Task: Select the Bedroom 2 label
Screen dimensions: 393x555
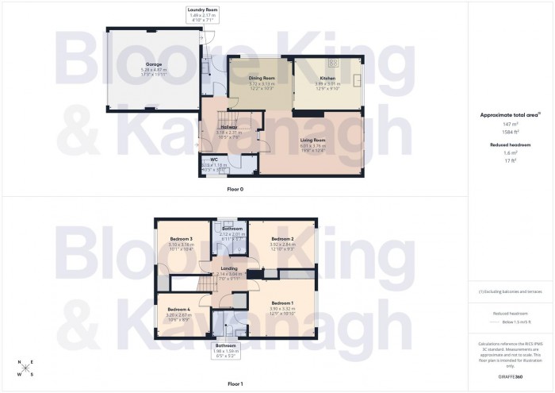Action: click(282, 238)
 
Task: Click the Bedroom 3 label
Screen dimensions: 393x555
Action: click(181, 238)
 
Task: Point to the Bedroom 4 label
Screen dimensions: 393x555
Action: click(178, 309)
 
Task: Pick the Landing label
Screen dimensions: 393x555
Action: click(228, 269)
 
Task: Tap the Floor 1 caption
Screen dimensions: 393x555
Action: click(235, 383)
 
